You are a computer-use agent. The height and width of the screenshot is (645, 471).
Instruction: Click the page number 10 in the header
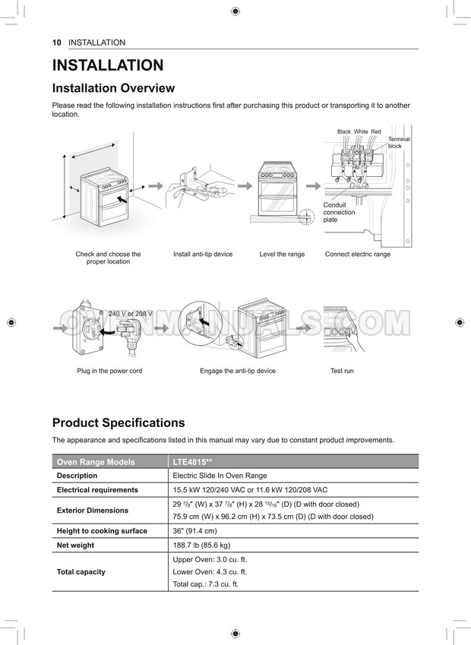pos(56,43)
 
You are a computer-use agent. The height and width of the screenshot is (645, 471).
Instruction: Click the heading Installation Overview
pos(113,88)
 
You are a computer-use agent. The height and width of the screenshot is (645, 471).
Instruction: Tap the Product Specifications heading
pos(118,423)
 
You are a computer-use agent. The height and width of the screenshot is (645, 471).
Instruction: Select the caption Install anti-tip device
pos(203,255)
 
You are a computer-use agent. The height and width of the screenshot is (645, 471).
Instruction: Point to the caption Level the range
pos(282,255)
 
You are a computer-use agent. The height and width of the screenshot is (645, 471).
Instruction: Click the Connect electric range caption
pos(357,255)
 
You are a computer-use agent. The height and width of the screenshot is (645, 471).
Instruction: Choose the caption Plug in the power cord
pos(109,371)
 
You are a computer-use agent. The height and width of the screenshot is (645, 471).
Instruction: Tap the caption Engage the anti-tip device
pos(238,371)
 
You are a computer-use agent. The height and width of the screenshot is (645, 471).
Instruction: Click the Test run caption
pos(342,371)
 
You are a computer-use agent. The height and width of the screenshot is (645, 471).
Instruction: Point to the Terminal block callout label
pos(398,143)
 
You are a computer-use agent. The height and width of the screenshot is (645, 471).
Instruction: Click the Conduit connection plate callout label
pos(338,212)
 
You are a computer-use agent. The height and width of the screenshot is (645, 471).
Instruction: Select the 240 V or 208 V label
pos(131,314)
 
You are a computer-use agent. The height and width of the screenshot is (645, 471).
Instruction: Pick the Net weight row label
pos(75,545)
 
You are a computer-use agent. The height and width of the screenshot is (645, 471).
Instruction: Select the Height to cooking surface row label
pos(102,531)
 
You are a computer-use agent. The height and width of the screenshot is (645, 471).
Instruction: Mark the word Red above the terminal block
pos(376,132)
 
